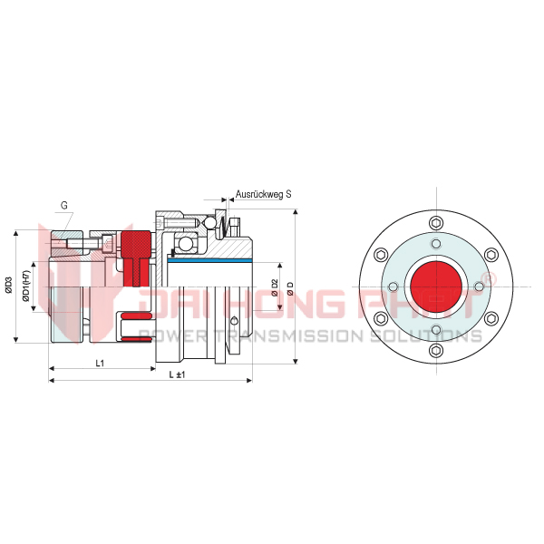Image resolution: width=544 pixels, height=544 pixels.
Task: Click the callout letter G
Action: (64, 206)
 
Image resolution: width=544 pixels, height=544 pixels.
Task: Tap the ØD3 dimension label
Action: (9, 286)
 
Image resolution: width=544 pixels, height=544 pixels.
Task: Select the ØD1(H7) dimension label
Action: (26, 286)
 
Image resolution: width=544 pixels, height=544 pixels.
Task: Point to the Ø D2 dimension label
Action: (275, 287)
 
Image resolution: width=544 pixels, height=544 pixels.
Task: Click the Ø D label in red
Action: (290, 288)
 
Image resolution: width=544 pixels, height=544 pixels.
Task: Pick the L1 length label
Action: (100, 364)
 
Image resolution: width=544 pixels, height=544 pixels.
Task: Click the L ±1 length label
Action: (177, 374)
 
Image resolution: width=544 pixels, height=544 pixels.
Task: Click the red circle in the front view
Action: (436, 287)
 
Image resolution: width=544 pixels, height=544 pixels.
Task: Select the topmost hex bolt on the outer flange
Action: (436, 223)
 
